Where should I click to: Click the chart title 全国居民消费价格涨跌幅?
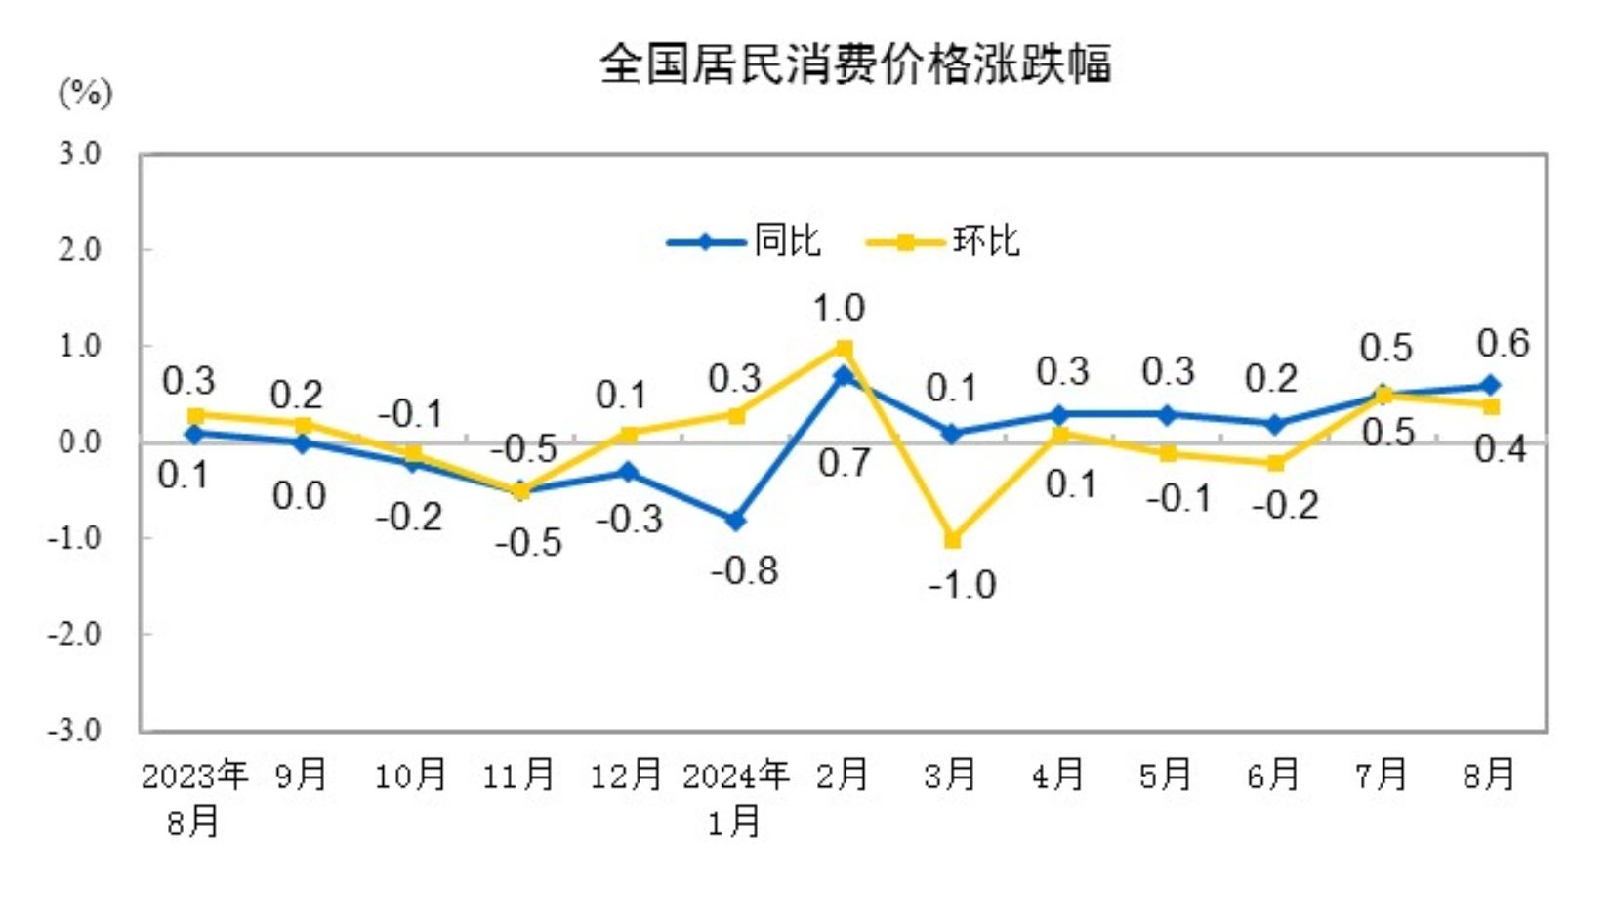click(x=855, y=64)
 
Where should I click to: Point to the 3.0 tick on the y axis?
click(x=79, y=153)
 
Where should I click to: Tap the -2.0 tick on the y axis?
click(x=75, y=634)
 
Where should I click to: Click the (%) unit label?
click(x=86, y=94)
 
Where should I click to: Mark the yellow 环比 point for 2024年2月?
click(x=844, y=348)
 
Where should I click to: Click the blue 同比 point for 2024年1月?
click(x=735, y=521)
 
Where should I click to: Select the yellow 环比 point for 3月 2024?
click(x=952, y=539)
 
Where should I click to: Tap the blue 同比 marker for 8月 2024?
click(x=1491, y=386)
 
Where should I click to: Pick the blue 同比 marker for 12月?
click(x=628, y=473)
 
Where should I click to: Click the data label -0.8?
click(x=744, y=570)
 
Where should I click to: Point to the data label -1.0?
click(x=962, y=585)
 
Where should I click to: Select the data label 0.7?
click(x=844, y=463)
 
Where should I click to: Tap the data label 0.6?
click(x=1503, y=343)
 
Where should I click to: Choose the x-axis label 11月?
click(x=518, y=776)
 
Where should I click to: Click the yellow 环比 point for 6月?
click(x=1275, y=463)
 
